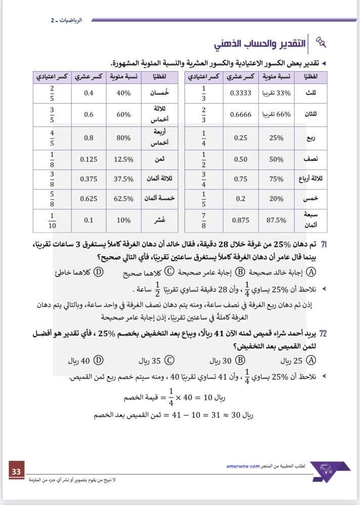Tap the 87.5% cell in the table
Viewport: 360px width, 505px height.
(276, 220)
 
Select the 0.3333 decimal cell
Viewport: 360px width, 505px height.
(241, 93)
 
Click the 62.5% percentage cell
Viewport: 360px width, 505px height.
(124, 199)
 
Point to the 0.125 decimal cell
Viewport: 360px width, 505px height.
(89, 159)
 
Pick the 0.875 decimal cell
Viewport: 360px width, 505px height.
(241, 220)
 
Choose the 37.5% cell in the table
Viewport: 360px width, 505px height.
(124, 179)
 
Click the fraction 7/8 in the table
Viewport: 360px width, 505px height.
(203, 219)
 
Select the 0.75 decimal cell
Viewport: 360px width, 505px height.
(241, 179)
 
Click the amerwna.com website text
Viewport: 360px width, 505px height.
(243, 466)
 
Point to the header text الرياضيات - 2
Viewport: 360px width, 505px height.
(66, 20)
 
